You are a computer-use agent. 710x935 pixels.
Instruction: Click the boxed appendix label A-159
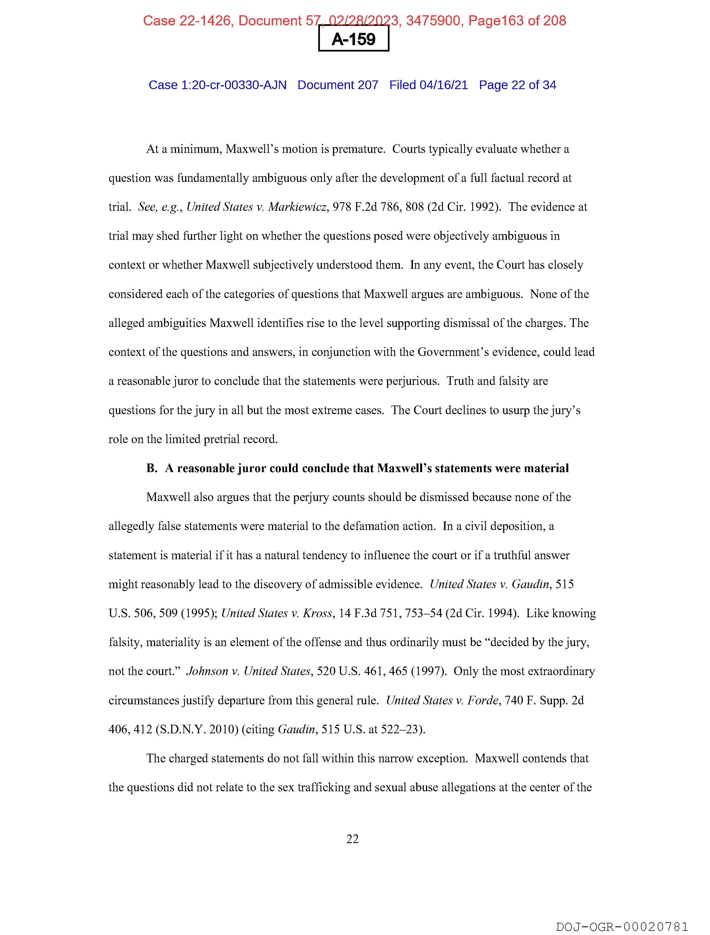click(353, 39)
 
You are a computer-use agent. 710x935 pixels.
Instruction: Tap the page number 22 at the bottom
click(352, 839)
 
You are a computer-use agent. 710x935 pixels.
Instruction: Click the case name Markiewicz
click(298, 207)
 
